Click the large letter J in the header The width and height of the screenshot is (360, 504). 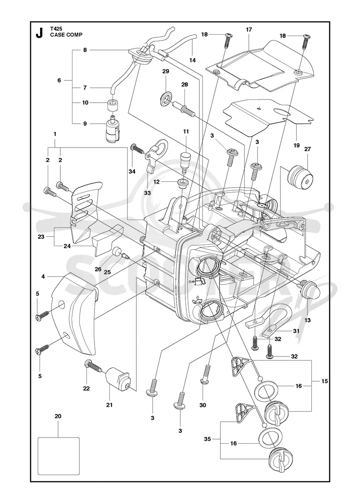click(x=39, y=33)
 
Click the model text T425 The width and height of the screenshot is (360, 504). click(x=55, y=29)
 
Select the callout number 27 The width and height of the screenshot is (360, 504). click(x=307, y=149)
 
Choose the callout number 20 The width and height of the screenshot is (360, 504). click(x=58, y=416)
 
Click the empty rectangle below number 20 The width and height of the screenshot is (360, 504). click(x=58, y=456)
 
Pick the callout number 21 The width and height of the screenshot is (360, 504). click(x=110, y=405)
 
